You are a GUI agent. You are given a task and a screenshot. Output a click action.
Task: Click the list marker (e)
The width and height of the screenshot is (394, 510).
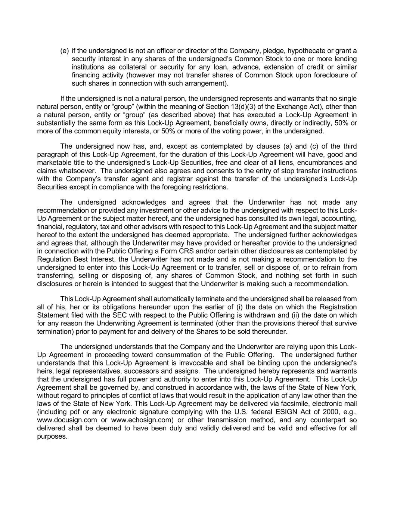click(64, 51)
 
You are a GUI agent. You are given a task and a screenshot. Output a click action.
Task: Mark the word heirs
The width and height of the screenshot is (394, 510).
click(45, 371)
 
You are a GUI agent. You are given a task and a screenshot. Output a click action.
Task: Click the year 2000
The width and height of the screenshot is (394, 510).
click(322, 412)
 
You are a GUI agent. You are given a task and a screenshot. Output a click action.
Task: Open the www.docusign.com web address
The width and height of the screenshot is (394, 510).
click(65, 420)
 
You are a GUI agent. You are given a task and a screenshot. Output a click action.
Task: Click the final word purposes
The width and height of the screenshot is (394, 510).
click(52, 436)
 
